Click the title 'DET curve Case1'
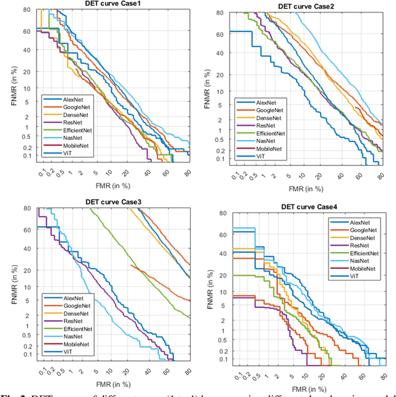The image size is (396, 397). point(113,4)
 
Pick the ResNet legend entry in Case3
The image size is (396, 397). point(73,321)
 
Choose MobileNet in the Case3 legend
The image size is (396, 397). point(76,344)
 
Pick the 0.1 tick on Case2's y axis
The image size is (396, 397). point(220,160)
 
